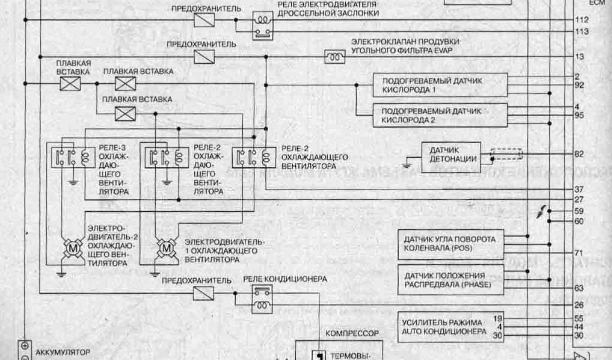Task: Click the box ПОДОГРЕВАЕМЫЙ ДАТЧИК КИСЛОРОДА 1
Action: click(440, 85)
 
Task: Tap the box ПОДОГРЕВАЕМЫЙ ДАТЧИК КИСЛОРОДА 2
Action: click(439, 116)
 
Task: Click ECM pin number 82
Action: click(580, 154)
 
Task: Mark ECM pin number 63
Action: click(579, 288)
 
